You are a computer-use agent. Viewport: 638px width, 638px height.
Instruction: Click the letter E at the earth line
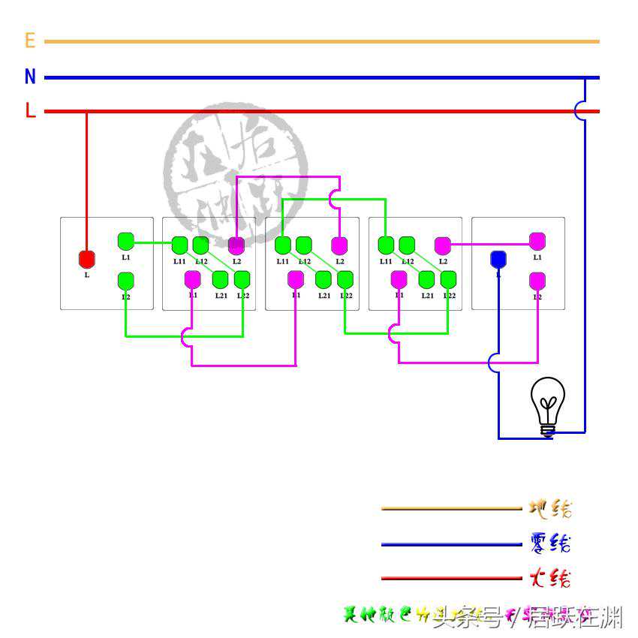tap(30, 41)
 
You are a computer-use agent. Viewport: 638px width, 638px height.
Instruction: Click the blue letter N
tap(30, 77)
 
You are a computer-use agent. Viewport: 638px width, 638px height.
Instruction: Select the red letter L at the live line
tap(30, 111)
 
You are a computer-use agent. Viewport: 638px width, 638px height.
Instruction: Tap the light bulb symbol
tap(548, 405)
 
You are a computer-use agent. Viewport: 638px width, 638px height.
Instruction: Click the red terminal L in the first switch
tap(87, 260)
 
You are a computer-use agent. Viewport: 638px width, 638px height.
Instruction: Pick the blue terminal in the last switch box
tap(498, 260)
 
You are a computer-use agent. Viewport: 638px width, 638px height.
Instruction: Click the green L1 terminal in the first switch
tap(126, 241)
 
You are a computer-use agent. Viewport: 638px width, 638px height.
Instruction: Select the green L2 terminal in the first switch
tap(126, 281)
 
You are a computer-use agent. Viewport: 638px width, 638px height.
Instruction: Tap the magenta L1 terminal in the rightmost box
tap(537, 241)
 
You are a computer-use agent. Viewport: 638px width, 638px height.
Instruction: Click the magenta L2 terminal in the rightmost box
tap(537, 281)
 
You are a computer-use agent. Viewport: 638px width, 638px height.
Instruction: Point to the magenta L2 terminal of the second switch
tap(236, 245)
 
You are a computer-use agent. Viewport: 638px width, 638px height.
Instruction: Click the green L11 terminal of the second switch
tap(179, 245)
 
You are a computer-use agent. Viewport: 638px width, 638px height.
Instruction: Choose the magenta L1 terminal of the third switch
tap(296, 279)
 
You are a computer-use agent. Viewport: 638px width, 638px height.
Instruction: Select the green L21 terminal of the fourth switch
tap(426, 279)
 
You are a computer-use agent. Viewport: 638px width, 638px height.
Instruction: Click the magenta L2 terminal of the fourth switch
tap(443, 245)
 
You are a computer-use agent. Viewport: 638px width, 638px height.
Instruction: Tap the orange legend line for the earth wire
tap(450, 509)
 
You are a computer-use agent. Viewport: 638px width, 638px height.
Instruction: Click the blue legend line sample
tap(450, 544)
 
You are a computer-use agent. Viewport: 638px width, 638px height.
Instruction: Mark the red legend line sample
tap(450, 578)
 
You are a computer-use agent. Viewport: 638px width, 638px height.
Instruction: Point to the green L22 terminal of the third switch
tap(345, 279)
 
